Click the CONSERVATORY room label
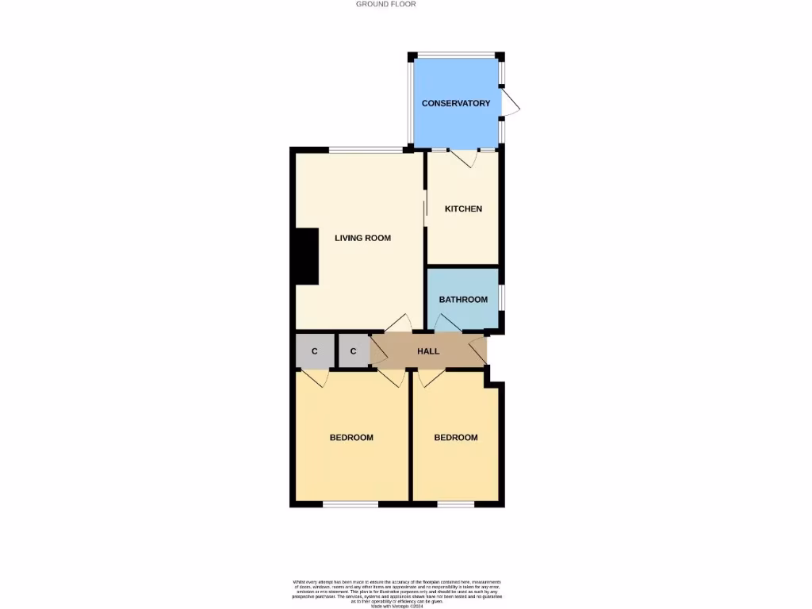(x=456, y=103)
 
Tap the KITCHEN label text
(x=463, y=209)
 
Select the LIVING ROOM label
(x=362, y=238)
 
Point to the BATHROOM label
(x=463, y=300)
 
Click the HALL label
(x=428, y=351)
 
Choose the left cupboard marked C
(x=314, y=351)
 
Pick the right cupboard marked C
(x=354, y=351)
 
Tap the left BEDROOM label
(x=351, y=438)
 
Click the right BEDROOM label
(x=456, y=438)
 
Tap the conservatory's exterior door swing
(x=511, y=102)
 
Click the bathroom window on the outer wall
(x=500, y=299)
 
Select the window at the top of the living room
(x=366, y=150)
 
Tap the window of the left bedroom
(x=350, y=504)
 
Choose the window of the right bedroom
(x=455, y=504)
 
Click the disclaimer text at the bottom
(x=397, y=593)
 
